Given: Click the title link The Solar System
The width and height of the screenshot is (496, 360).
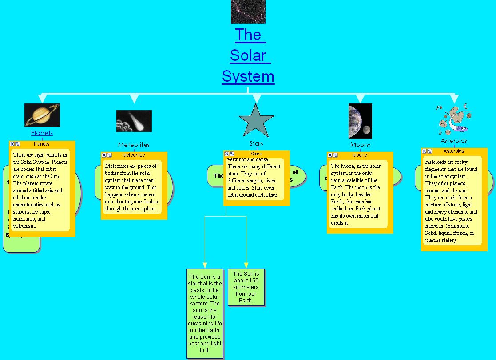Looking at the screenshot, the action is [248, 55].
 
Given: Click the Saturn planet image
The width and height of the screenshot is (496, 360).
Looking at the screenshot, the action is [42, 115].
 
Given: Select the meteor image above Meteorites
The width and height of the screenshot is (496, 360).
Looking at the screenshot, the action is [134, 121].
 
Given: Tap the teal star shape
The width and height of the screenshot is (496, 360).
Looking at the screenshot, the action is [256, 121].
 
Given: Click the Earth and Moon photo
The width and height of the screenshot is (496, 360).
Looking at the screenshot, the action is [360, 121].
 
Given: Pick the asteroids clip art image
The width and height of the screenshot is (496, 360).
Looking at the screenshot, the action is [453, 119].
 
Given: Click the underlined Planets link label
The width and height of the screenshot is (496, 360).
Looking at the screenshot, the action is [42, 133].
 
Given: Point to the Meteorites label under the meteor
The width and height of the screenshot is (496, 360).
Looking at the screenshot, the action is [134, 145].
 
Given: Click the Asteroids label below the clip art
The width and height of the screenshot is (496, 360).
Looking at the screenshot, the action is [454, 141].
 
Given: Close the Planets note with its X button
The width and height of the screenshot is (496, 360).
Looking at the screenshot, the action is [12, 144].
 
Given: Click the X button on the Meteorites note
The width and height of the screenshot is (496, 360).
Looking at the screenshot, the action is [104, 155].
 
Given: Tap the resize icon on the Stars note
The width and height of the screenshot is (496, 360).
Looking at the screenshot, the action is [232, 154].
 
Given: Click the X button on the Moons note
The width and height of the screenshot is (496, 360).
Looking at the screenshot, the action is [330, 155].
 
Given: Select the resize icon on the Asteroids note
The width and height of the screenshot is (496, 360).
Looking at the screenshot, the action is [429, 151].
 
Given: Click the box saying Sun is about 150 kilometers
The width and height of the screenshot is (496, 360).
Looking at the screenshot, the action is [246, 287].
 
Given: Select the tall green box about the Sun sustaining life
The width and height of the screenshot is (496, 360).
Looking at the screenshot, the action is [205, 313].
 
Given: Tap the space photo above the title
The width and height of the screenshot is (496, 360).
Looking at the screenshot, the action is [248, 11].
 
